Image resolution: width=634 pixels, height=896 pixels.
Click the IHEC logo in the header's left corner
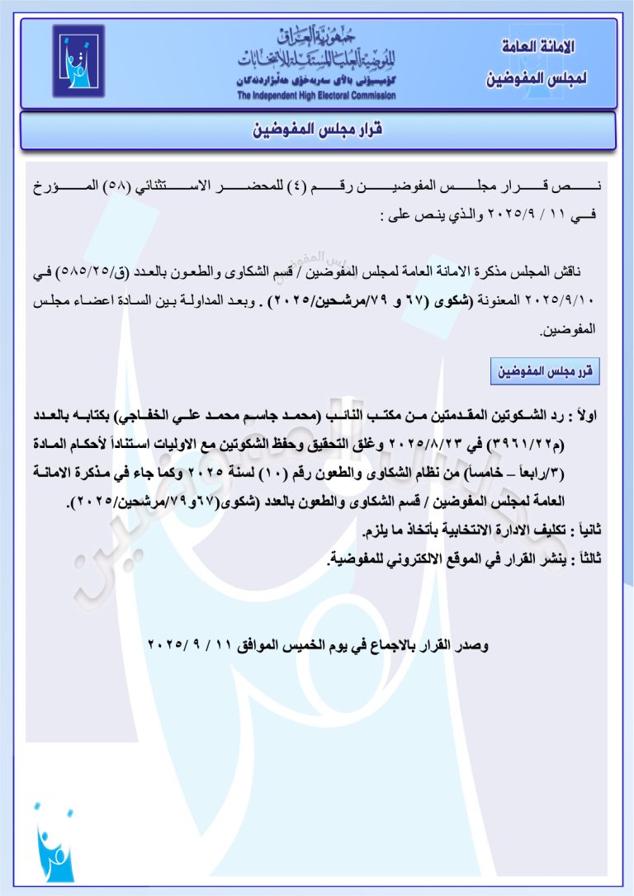[x=78, y=61]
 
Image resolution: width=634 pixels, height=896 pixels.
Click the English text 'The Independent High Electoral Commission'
[x=316, y=96]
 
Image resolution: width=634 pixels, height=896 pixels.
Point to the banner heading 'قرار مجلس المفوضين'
[x=318, y=130]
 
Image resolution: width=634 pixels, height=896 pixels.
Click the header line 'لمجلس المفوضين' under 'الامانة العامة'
[x=537, y=80]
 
